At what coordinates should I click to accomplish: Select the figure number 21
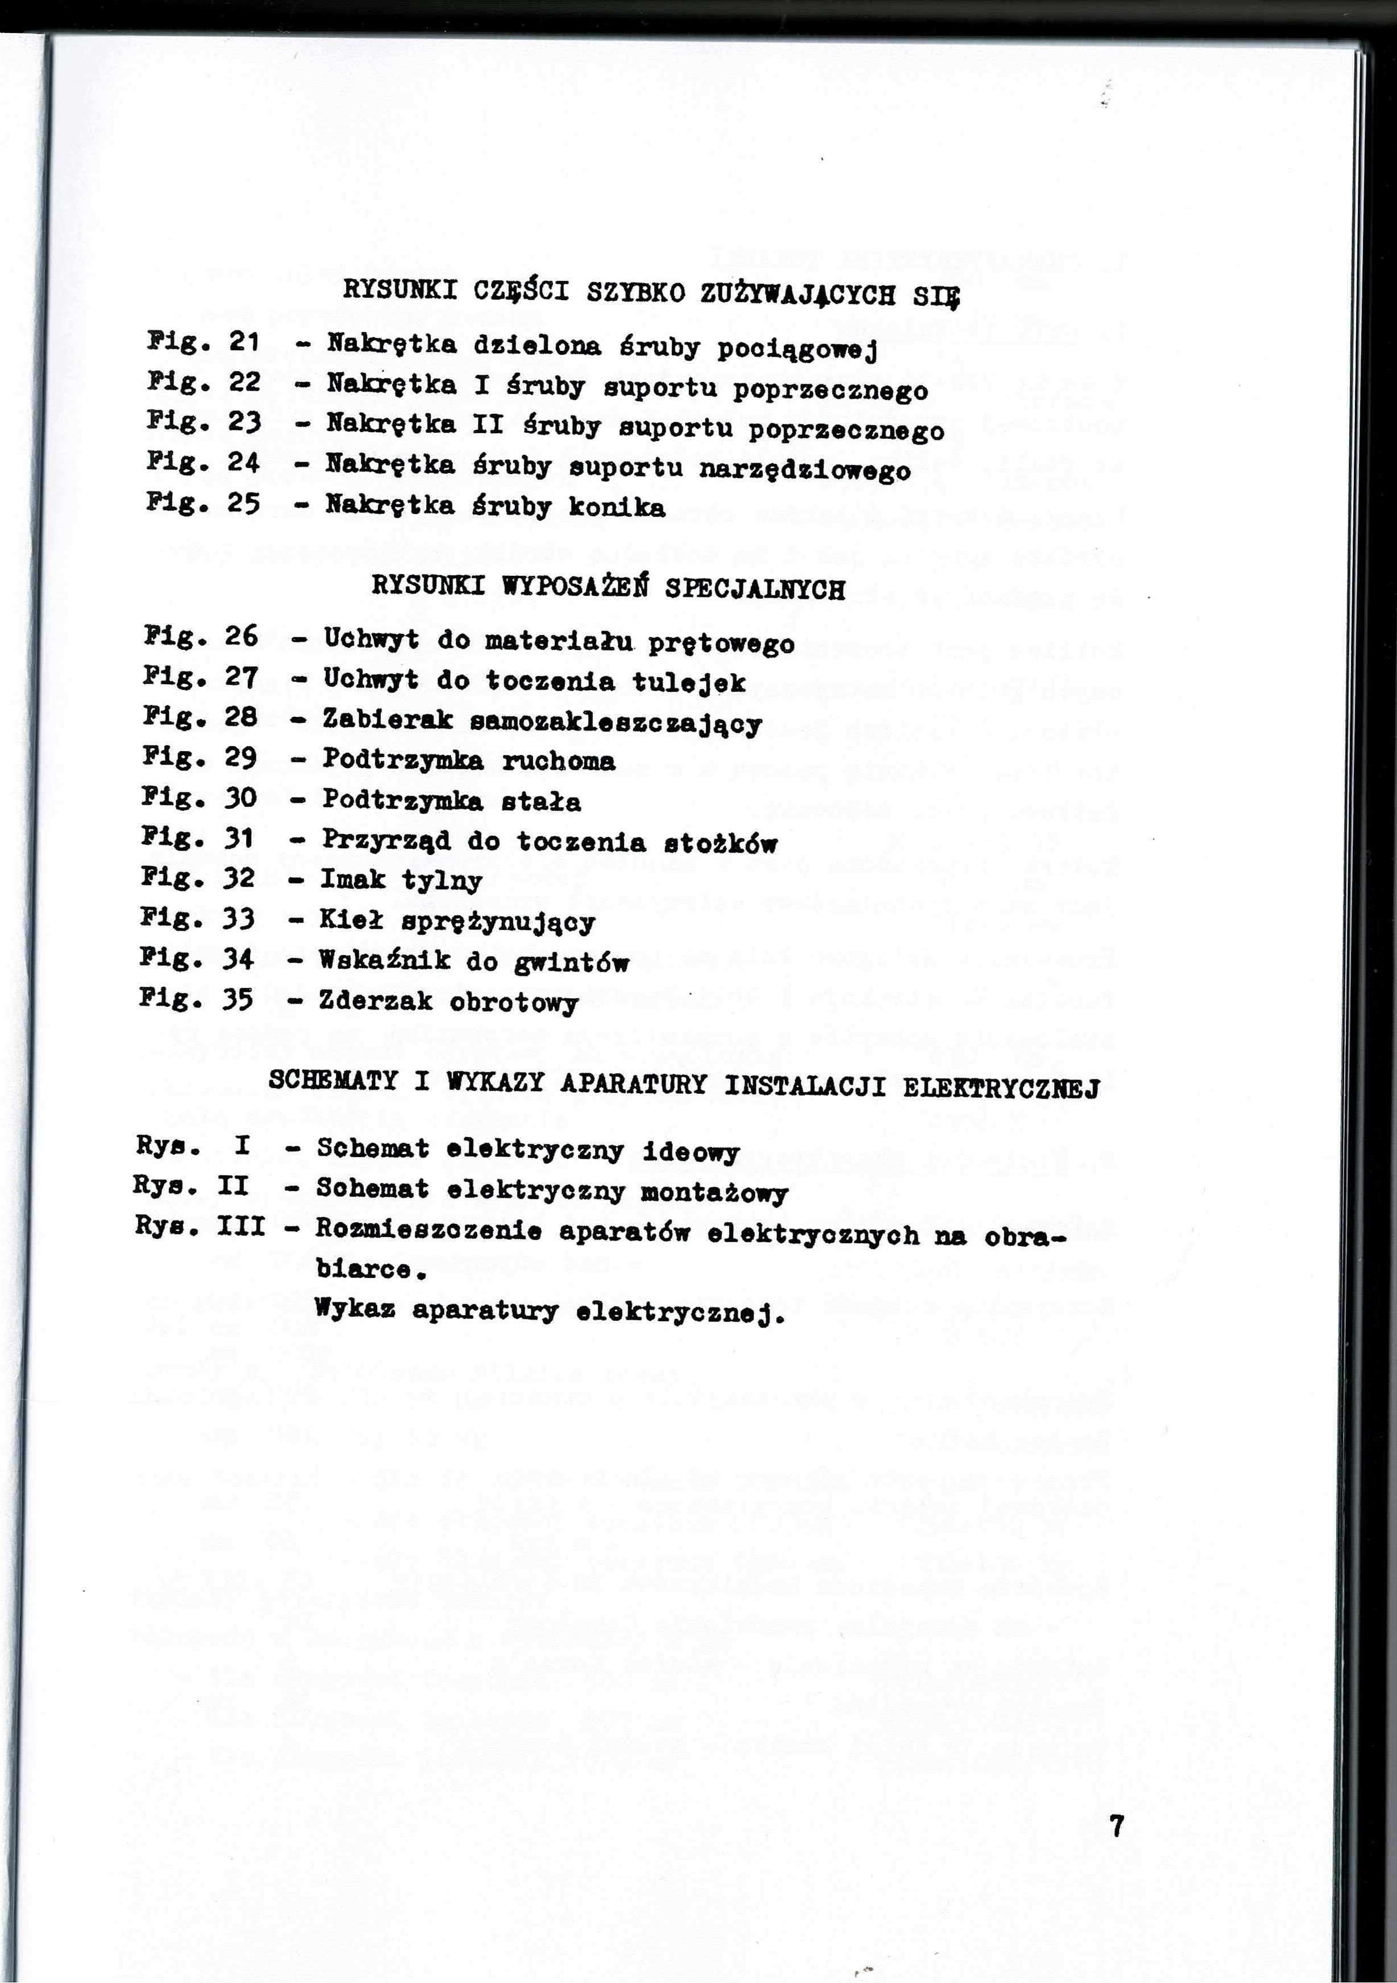(244, 342)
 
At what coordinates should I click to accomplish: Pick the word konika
(617, 507)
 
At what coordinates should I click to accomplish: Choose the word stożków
(720, 843)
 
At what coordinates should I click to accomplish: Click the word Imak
(352, 880)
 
